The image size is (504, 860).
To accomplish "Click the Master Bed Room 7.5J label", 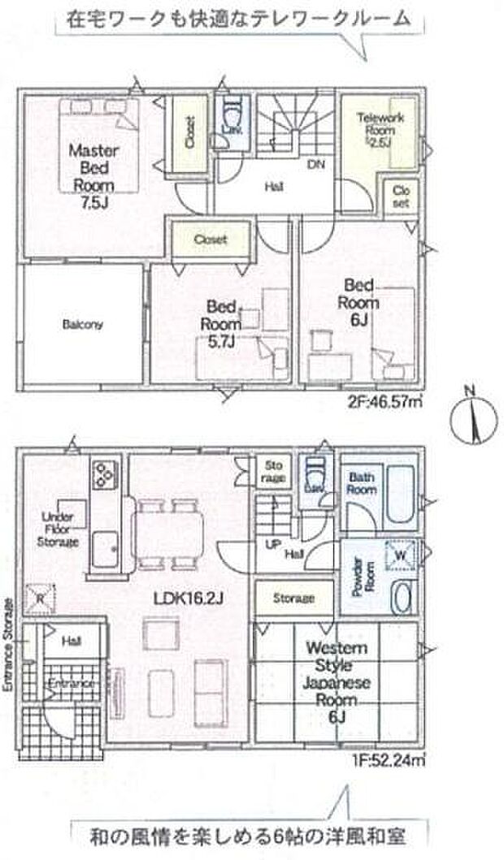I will (93, 173).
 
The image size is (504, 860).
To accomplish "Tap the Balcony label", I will (82, 326).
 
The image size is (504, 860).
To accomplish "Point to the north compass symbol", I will (469, 417).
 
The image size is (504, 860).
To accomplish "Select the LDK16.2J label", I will (189, 599).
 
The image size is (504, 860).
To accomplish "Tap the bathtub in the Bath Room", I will (401, 493).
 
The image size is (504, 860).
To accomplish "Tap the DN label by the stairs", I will (314, 165).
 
